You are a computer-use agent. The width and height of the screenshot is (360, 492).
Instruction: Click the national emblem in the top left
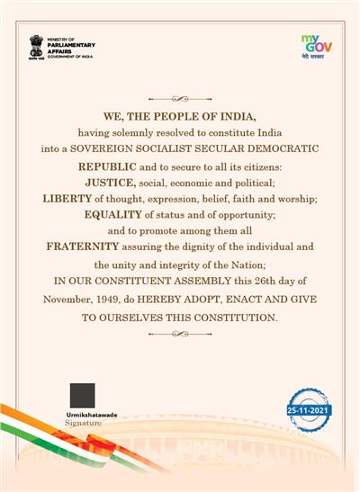click(x=36, y=46)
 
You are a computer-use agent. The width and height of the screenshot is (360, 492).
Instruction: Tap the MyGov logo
click(x=316, y=44)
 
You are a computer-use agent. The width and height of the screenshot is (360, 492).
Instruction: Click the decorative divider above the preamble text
click(x=179, y=96)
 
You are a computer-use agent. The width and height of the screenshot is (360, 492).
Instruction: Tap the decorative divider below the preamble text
click(x=179, y=334)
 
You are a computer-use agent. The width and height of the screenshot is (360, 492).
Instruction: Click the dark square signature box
click(x=82, y=395)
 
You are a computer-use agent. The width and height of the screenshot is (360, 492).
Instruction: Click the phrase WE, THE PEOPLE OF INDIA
click(x=179, y=117)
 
